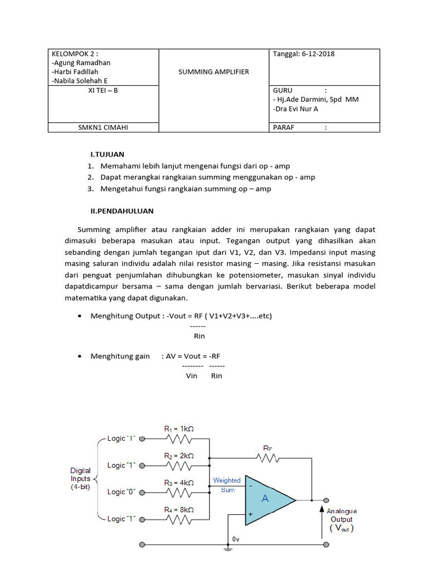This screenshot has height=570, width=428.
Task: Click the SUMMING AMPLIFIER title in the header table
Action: pos(213,72)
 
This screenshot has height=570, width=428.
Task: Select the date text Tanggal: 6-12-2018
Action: pos(304,54)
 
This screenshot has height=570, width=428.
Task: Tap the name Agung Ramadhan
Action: pos(82,63)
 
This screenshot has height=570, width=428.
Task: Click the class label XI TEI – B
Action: pos(103,90)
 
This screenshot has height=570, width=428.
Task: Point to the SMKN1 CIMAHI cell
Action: pos(103,127)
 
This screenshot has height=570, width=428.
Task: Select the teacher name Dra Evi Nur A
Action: pos(296,109)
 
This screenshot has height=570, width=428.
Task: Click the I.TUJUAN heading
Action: pos(108,154)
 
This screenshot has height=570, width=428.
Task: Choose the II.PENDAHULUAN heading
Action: pos(122,211)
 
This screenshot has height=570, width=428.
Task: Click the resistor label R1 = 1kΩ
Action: pos(179,429)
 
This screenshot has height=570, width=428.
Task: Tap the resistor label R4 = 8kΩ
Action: pos(179,509)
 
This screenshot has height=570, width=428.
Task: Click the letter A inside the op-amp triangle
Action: pos(265,499)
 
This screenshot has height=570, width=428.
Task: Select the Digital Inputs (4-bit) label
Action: pos(80,478)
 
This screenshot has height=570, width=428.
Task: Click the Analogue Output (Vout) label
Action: pos(342,519)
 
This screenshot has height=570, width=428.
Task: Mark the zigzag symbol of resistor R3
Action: pos(179,493)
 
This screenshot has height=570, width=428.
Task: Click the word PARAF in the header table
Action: pos(283,127)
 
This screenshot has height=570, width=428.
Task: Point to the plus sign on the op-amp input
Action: pos(250,515)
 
